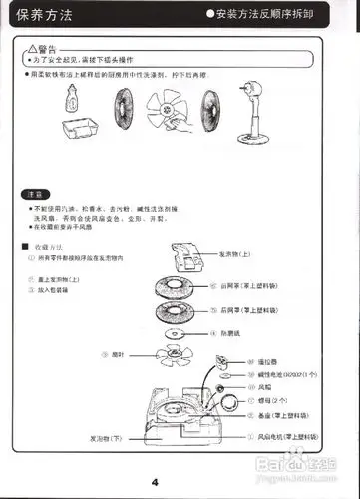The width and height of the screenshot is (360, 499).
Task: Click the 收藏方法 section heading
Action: point(50,246)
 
